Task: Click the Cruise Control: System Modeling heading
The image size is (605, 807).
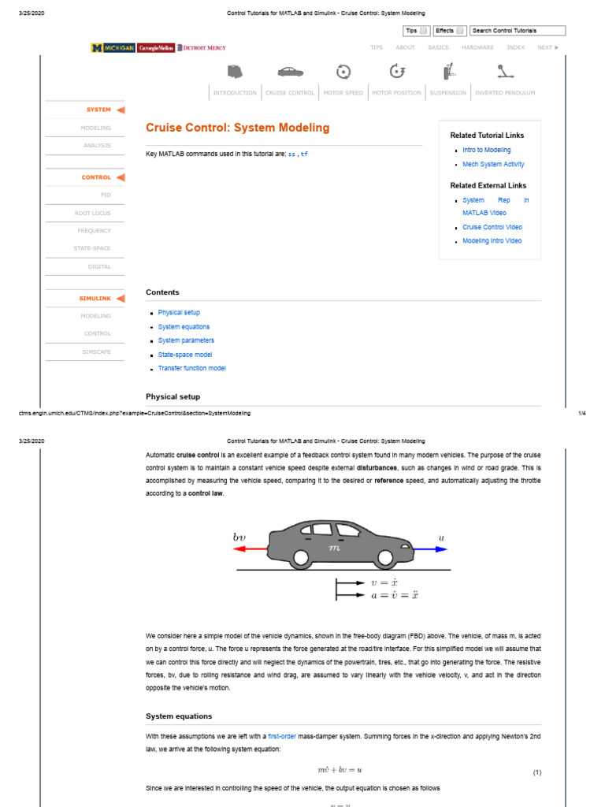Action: pos(237,128)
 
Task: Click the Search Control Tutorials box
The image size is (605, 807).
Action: pos(517,31)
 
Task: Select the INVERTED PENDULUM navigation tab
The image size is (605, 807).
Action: pos(504,93)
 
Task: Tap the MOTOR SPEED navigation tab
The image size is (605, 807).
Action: pos(343,93)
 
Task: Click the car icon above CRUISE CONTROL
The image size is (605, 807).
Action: pos(289,72)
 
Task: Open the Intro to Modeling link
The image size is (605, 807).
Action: pos(486,150)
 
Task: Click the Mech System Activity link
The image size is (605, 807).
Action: pos(493,165)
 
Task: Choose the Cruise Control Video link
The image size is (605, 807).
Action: pos(492,227)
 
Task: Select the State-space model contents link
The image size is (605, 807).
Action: pos(184,355)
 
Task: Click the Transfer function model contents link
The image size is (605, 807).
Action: pos(191,369)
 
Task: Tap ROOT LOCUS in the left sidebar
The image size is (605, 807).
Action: pos(93,214)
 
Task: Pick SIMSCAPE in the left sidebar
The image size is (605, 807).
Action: pos(97,351)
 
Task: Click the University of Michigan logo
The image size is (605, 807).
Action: pos(113,48)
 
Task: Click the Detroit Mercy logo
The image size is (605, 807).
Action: pos(202,48)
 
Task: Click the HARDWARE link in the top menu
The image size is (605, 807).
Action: pos(477,47)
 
